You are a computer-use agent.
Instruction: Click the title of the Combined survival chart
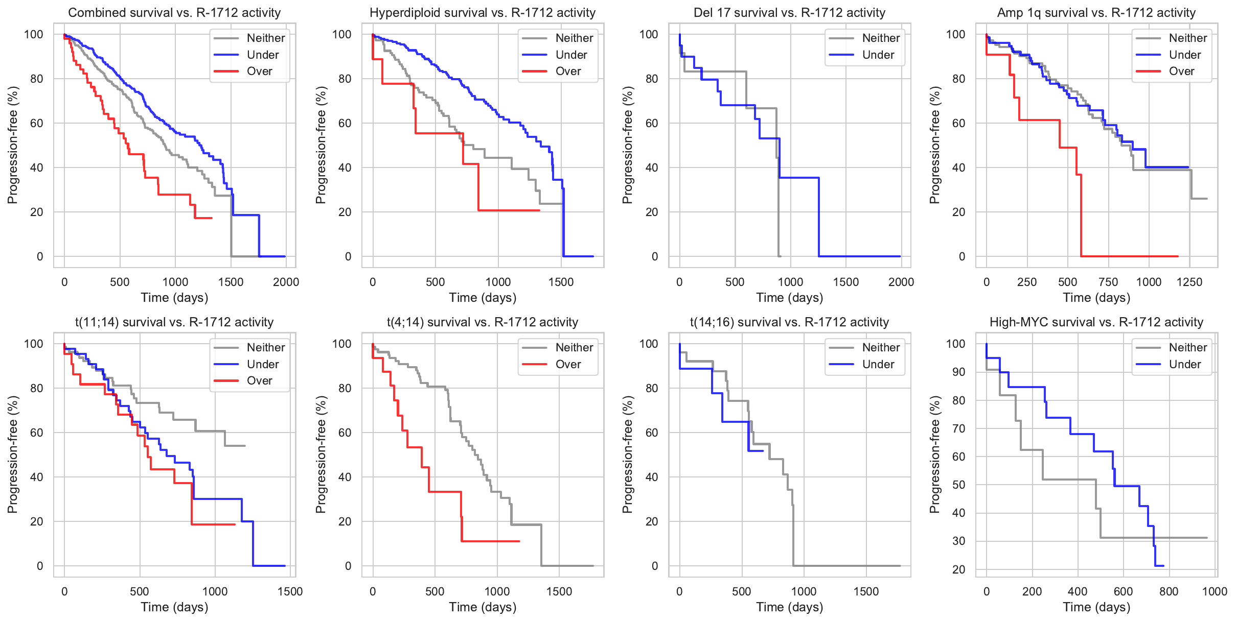click(174, 13)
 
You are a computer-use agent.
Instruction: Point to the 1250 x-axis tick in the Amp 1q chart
click(1189, 282)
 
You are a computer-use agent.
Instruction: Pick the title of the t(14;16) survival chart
click(789, 322)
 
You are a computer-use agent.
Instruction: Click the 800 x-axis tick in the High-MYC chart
click(1169, 592)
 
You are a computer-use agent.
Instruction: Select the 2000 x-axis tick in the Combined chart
click(286, 282)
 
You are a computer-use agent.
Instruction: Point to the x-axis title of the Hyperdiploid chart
click(483, 298)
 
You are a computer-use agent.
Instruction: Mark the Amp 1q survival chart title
click(1096, 13)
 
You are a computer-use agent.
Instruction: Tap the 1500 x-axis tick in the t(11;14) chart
click(290, 592)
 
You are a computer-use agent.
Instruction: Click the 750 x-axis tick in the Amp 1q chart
click(1108, 282)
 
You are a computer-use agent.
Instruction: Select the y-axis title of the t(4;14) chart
click(321, 454)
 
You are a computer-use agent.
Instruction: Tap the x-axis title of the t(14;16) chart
click(789, 607)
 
